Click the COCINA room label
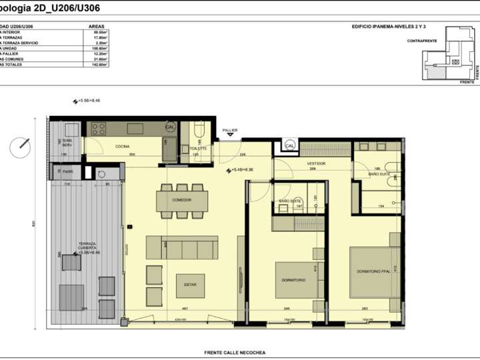pos(122,146)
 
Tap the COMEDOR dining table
pos(182,200)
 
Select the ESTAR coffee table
pos(186,285)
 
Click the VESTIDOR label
pos(316,163)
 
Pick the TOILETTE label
pos(198,148)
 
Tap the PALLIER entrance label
pos(230,131)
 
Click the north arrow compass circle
pos(21,145)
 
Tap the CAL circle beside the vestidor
pos(290,145)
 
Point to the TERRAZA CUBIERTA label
pos(87,249)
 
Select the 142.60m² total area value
pos(101,64)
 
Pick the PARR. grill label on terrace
pos(67,171)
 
